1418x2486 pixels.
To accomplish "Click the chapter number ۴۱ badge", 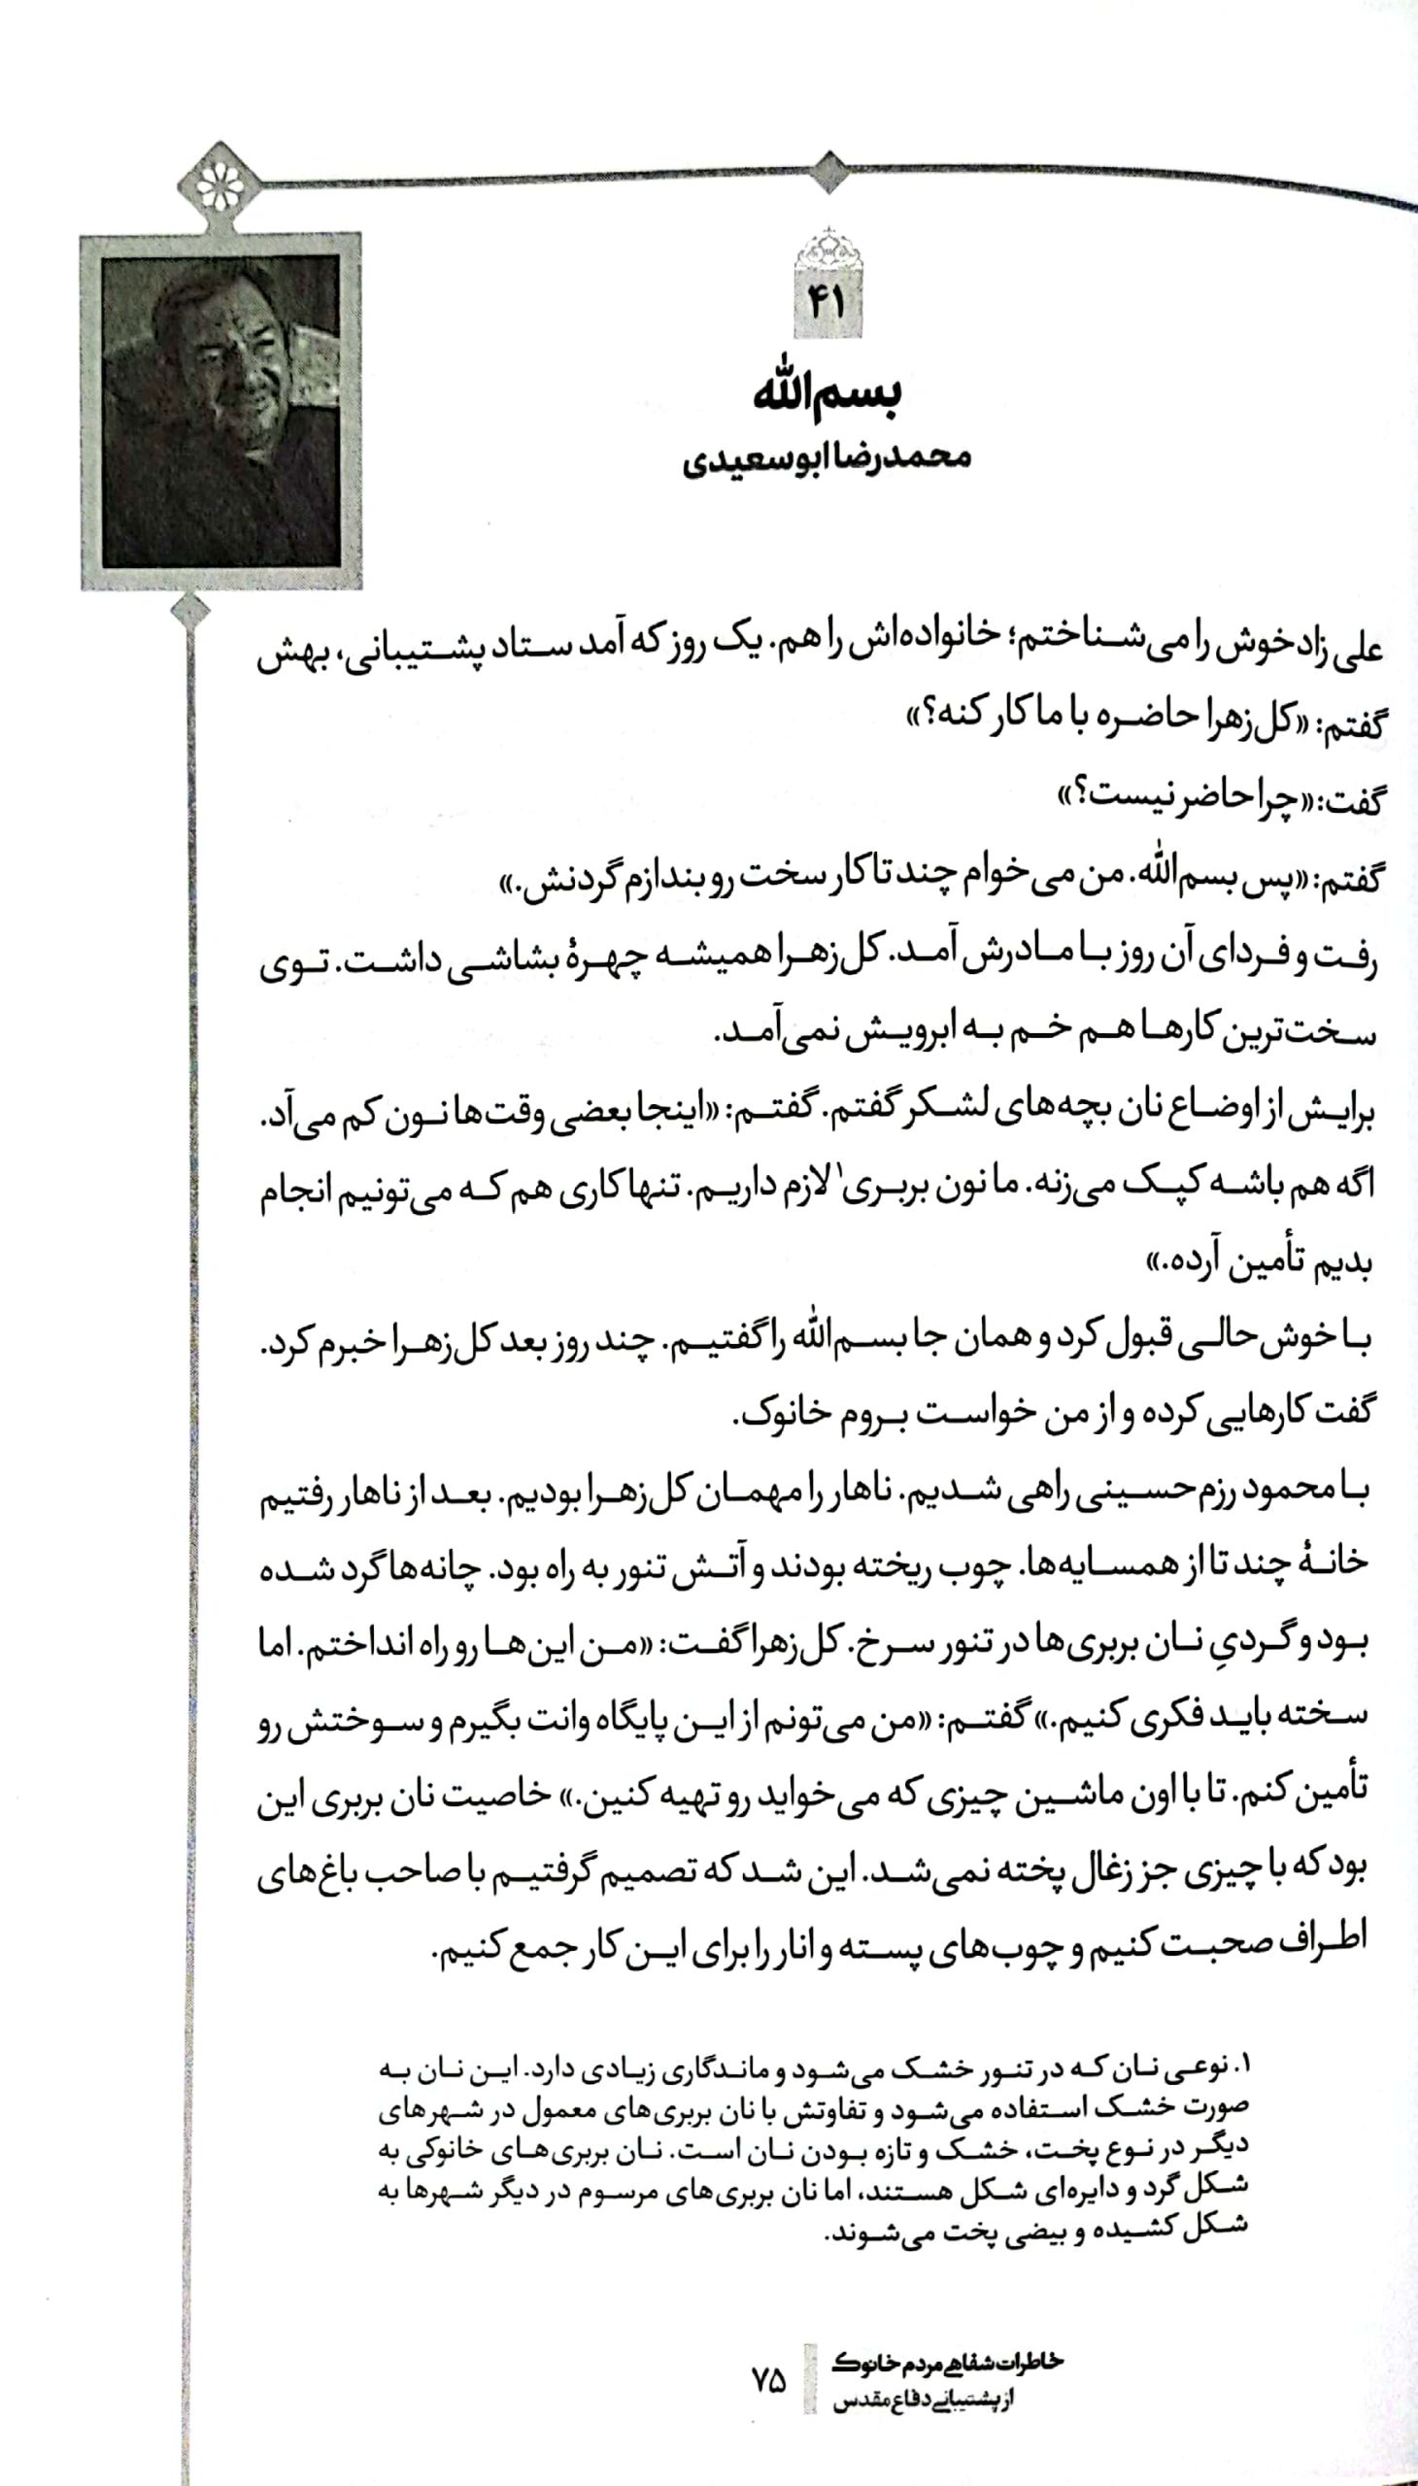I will coord(827,303).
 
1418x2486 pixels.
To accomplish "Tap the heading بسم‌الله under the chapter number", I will coord(827,392).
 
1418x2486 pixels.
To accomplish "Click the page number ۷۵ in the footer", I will coord(768,2382).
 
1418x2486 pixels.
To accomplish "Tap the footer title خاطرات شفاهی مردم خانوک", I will coord(947,2363).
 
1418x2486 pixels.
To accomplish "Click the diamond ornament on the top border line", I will coord(828,172).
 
